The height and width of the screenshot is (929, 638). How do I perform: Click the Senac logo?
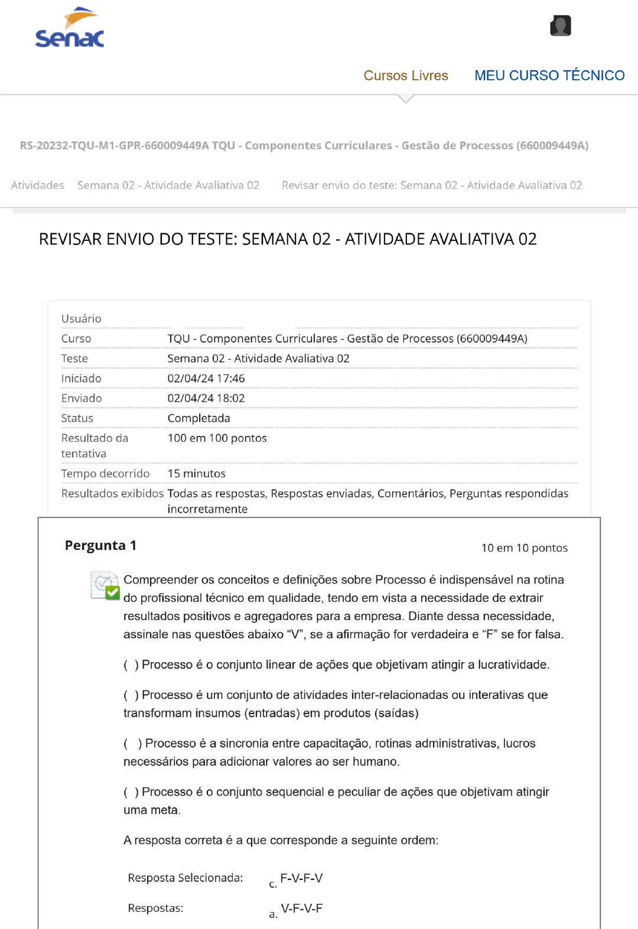pos(70,28)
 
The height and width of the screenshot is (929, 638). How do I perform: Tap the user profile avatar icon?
pos(560,26)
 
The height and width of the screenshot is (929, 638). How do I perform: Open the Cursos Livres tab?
pos(406,76)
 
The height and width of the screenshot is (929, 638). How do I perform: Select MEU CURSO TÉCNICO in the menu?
pos(549,76)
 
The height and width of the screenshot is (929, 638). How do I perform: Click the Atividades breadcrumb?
pos(38,185)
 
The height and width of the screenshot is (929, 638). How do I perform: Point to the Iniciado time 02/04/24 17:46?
pos(206,379)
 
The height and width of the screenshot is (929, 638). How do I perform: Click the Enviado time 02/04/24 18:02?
pos(206,399)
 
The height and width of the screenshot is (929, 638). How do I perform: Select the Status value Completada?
pos(198,418)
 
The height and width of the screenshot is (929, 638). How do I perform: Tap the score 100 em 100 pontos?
pos(217,438)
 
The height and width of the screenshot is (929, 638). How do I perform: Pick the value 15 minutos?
pos(196,474)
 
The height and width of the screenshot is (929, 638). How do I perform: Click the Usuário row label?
pos(81,319)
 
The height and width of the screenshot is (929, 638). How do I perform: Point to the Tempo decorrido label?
pos(105,474)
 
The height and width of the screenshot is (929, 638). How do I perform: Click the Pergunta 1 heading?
pos(100,545)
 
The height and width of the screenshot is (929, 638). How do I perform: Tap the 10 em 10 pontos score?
pos(524,548)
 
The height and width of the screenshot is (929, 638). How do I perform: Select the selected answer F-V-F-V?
pos(301,878)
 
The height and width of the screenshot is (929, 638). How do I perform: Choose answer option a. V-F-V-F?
pos(301,908)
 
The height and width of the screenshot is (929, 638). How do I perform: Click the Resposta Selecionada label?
pos(185,878)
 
